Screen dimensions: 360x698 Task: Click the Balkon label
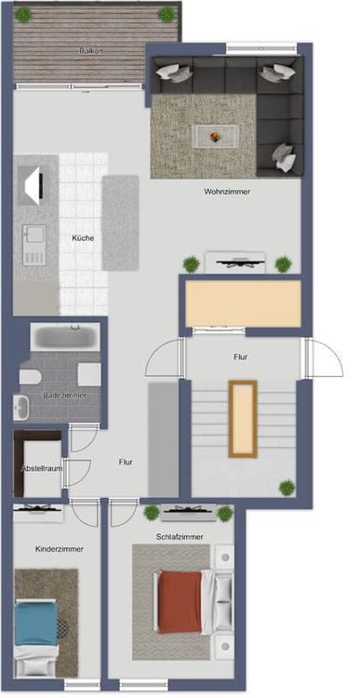(91, 51)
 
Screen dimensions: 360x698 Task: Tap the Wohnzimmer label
(227, 192)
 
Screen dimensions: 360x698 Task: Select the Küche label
(83, 238)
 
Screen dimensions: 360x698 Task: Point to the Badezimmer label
(65, 396)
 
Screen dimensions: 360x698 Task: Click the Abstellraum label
(41, 468)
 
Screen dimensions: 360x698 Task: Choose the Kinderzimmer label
(60, 549)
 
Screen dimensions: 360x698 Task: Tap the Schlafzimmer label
(180, 537)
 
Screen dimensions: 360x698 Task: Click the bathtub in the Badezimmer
(65, 337)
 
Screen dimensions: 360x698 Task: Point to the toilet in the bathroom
(31, 377)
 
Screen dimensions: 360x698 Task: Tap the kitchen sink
(34, 245)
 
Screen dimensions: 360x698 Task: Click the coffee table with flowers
(216, 136)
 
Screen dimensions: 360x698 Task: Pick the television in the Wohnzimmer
(235, 262)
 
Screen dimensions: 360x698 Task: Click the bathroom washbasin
(20, 408)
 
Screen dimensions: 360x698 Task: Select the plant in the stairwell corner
(287, 488)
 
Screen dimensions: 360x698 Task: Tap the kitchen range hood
(33, 185)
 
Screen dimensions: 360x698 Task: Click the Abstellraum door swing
(77, 473)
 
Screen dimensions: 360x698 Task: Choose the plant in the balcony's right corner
(167, 15)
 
